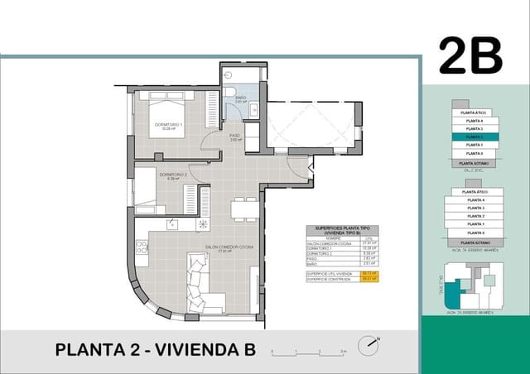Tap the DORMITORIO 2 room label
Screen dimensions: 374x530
pos(173,176)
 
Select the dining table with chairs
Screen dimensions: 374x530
pos(244,209)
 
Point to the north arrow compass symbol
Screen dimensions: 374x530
pos(370,344)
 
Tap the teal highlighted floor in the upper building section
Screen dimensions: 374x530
pos(475,137)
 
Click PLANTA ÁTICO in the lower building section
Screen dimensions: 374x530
pos(475,191)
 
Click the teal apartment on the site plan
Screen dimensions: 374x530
pos(452,292)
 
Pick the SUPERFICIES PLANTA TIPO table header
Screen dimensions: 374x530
pos(342,229)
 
